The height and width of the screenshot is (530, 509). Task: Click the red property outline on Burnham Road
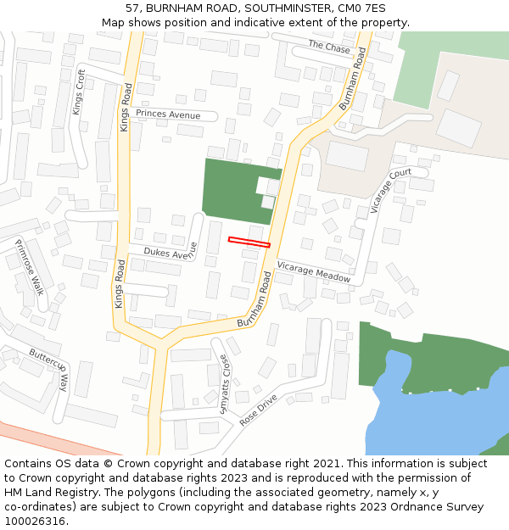tap(249, 243)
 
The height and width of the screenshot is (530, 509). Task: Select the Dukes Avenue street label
tap(170, 253)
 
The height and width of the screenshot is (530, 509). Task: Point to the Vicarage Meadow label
tap(314, 271)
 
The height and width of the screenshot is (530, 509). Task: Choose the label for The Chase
tap(329, 47)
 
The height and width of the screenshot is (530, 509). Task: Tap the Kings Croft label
tap(79, 92)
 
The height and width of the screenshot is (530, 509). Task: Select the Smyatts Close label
tap(225, 382)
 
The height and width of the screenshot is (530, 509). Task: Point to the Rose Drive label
tap(260, 410)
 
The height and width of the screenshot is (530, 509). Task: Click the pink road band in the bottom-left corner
tap(51, 438)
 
